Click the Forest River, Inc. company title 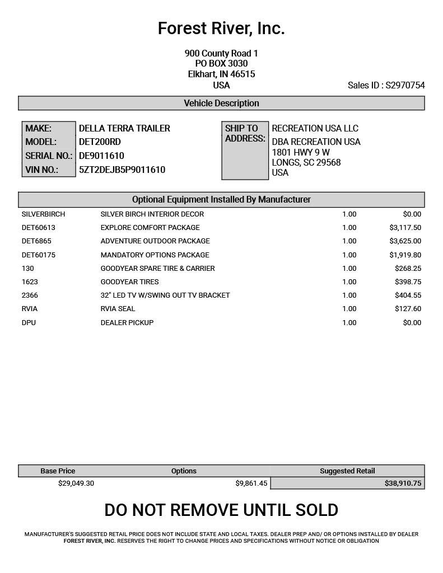[221, 28]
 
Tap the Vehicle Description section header [221, 103]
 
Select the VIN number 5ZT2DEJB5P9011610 [122, 170]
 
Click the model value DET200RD [100, 142]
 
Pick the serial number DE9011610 [101, 156]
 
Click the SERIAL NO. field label [49, 156]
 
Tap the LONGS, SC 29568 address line [306, 162]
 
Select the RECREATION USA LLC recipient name [315, 128]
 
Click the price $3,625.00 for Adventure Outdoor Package [405, 241]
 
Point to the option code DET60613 [38, 228]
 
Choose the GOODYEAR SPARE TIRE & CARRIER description [157, 269]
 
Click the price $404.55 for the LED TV [408, 295]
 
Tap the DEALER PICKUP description [127, 323]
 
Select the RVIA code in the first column [30, 309]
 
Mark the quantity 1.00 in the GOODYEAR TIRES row [349, 282]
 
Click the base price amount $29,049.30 [76, 483]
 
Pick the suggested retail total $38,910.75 [403, 483]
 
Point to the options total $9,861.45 [251, 483]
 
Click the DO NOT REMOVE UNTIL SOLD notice [221, 510]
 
